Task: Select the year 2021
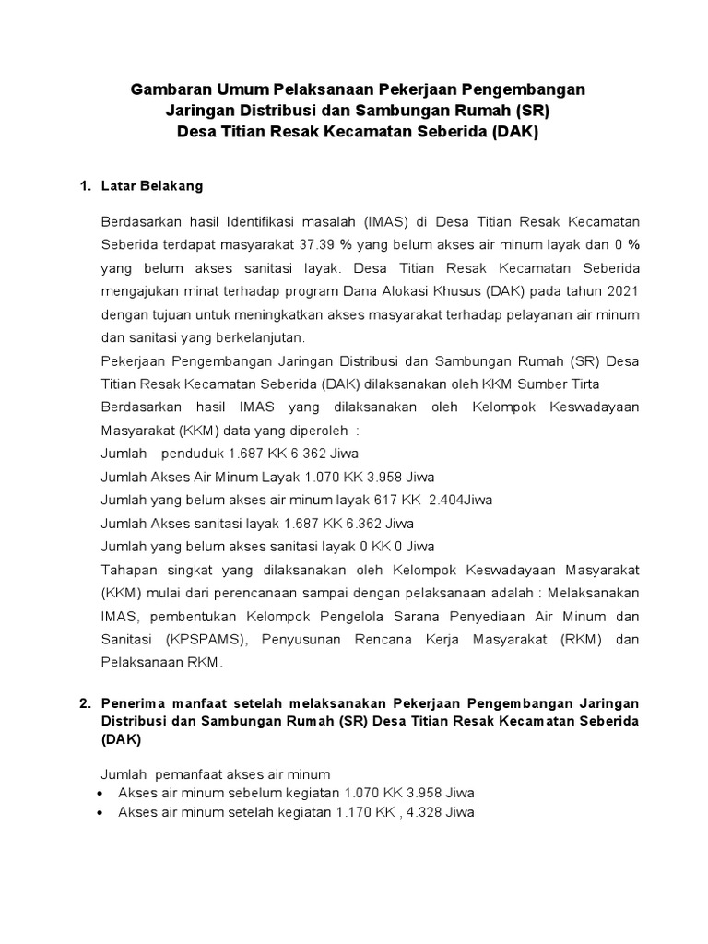(x=620, y=290)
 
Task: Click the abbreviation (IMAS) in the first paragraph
(x=363, y=222)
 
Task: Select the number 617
(x=382, y=500)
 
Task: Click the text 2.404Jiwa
(x=460, y=500)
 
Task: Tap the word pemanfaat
(x=189, y=774)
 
